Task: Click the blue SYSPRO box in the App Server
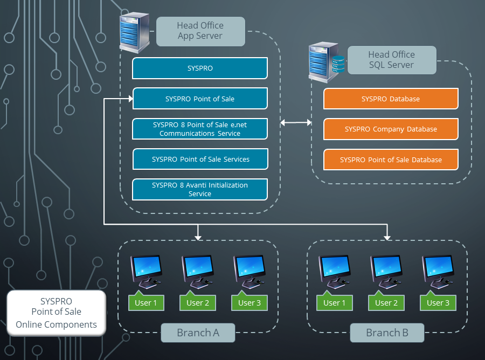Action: pyautogui.click(x=200, y=68)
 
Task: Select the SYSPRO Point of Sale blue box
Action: pyautogui.click(x=200, y=99)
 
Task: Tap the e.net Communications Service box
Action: pyautogui.click(x=200, y=129)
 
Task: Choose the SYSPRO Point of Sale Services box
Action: pyautogui.click(x=200, y=160)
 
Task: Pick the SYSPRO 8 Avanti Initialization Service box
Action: pyautogui.click(x=200, y=190)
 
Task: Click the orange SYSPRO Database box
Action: pyautogui.click(x=391, y=99)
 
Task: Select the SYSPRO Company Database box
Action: pyautogui.click(x=391, y=129)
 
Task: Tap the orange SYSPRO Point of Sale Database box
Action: pyautogui.click(x=391, y=160)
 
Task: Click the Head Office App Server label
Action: pyautogui.click(x=200, y=31)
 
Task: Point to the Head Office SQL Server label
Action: pyautogui.click(x=392, y=60)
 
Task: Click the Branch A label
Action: pyautogui.click(x=198, y=333)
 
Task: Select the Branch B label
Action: pyautogui.click(x=387, y=333)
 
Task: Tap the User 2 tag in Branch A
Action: pyautogui.click(x=198, y=302)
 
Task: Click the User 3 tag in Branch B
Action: pyautogui.click(x=438, y=302)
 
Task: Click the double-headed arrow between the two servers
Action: pyautogui.click(x=296, y=123)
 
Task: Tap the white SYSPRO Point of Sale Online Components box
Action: pyautogui.click(x=56, y=313)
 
